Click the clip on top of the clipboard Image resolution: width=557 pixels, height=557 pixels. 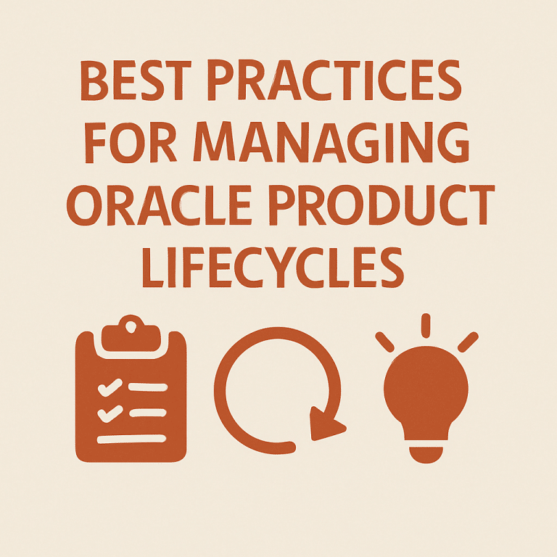[x=131, y=333]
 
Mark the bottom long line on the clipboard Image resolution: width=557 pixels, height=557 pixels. [x=131, y=438]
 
